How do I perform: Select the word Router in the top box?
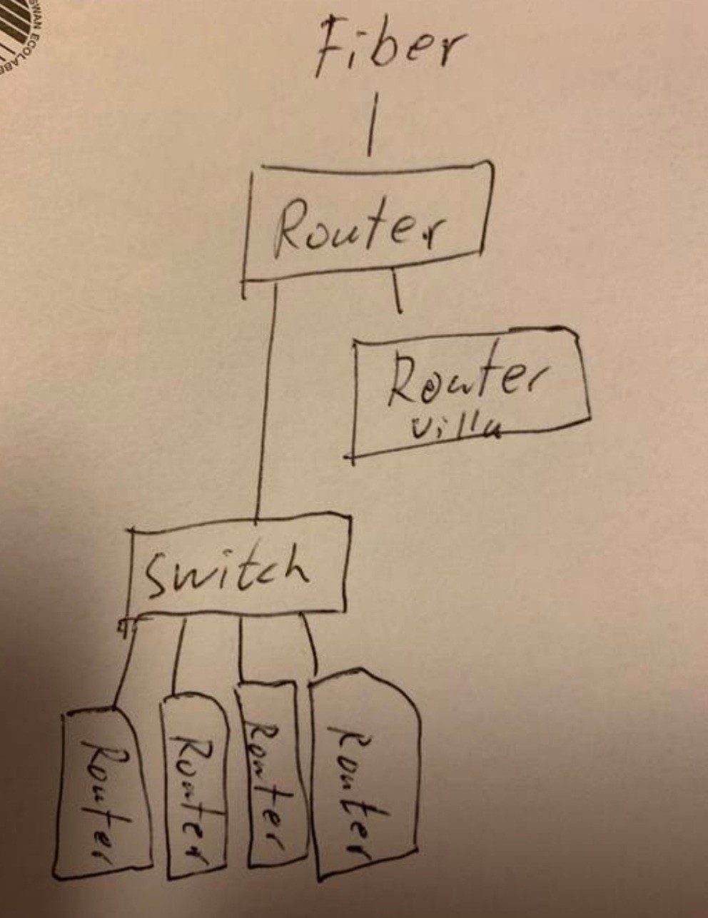tap(360, 227)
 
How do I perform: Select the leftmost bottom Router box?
tap(102, 792)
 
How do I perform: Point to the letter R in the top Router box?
tap(290, 228)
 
